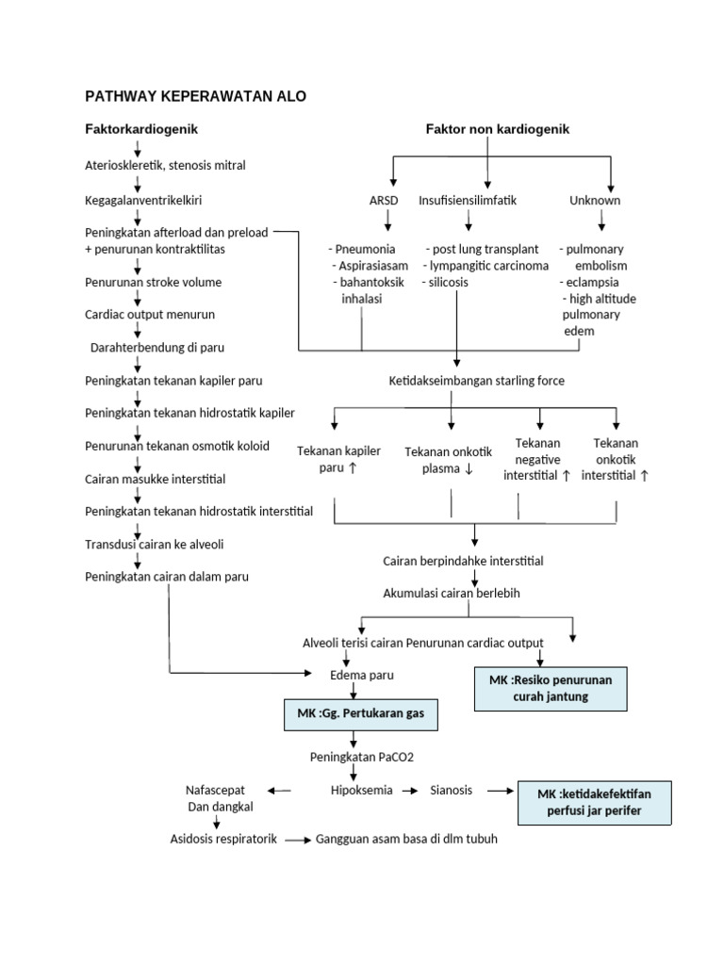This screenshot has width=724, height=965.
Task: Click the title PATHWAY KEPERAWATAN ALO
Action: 195,97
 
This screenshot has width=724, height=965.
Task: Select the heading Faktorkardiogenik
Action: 141,128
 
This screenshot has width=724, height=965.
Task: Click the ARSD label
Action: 385,201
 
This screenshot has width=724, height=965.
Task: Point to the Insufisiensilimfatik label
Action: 468,201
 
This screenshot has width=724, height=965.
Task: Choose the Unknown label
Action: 595,201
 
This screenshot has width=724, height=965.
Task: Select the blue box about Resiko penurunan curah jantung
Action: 551,688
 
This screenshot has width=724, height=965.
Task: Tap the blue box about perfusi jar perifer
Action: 594,802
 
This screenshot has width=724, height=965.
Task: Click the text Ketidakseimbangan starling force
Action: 476,381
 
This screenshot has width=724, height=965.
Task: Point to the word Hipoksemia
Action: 361,790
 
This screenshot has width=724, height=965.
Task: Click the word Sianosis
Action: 452,790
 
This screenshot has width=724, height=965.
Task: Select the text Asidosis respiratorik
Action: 223,839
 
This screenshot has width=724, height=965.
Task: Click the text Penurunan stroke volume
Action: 154,282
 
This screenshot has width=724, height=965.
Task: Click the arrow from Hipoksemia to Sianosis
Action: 410,791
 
